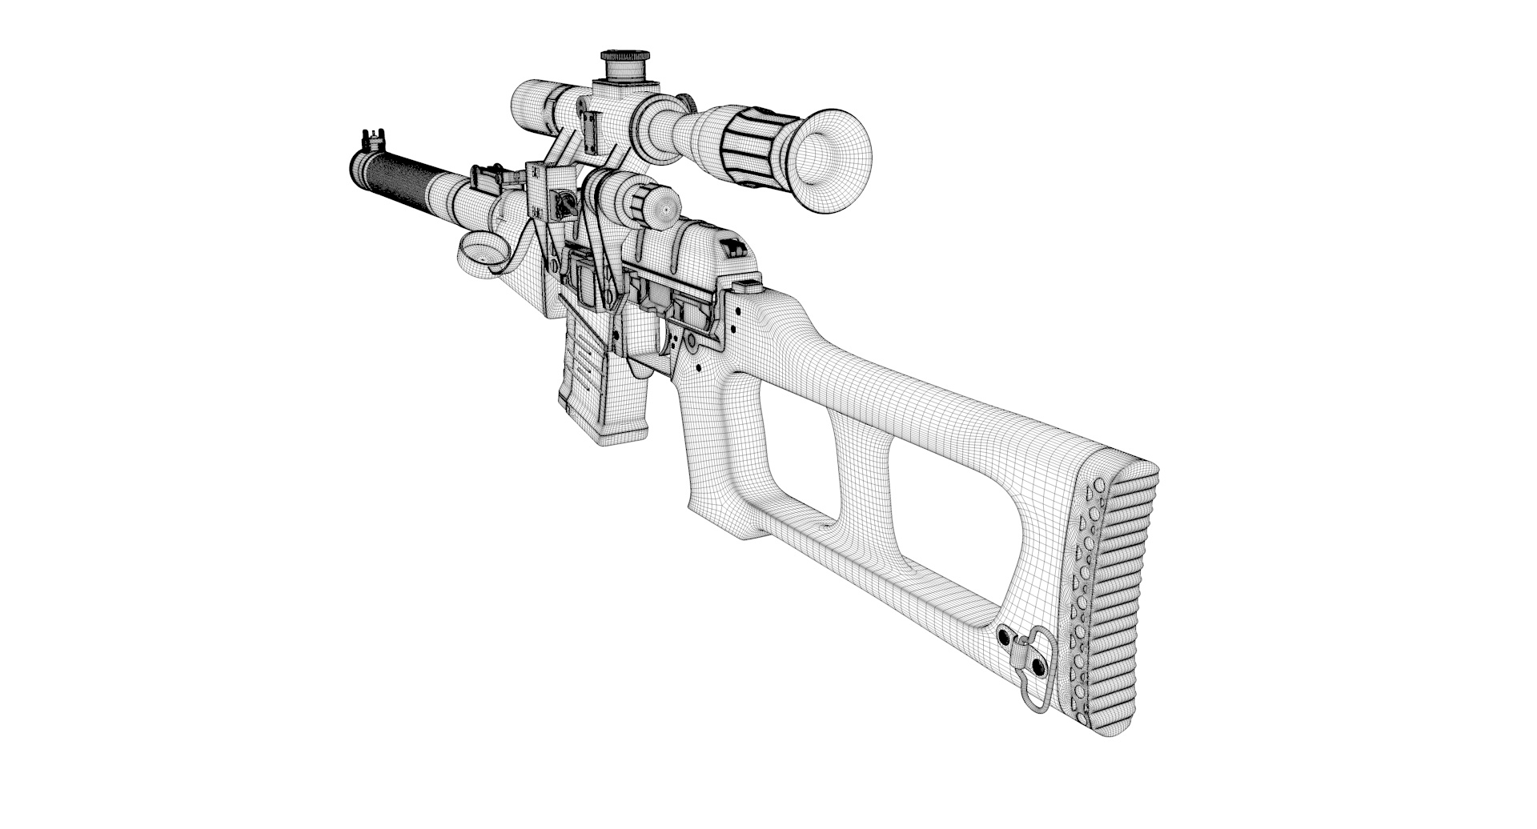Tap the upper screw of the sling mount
click(x=1004, y=636)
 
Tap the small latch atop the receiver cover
click(x=733, y=247)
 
